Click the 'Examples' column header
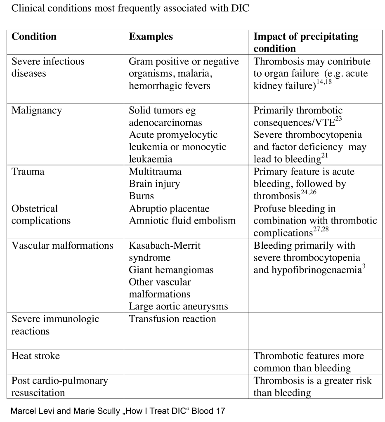tap(151, 37)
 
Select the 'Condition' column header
tap(34, 37)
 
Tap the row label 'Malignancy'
tap(37, 111)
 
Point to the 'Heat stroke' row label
tap(35, 356)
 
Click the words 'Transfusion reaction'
tap(172, 319)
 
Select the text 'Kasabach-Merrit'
tap(165, 245)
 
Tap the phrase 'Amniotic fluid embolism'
tap(182, 221)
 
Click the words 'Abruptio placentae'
tap(169, 208)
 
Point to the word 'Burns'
tap(141, 196)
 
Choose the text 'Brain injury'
tap(154, 184)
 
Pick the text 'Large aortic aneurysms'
tap(178, 306)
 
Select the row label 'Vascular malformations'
tap(62, 245)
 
